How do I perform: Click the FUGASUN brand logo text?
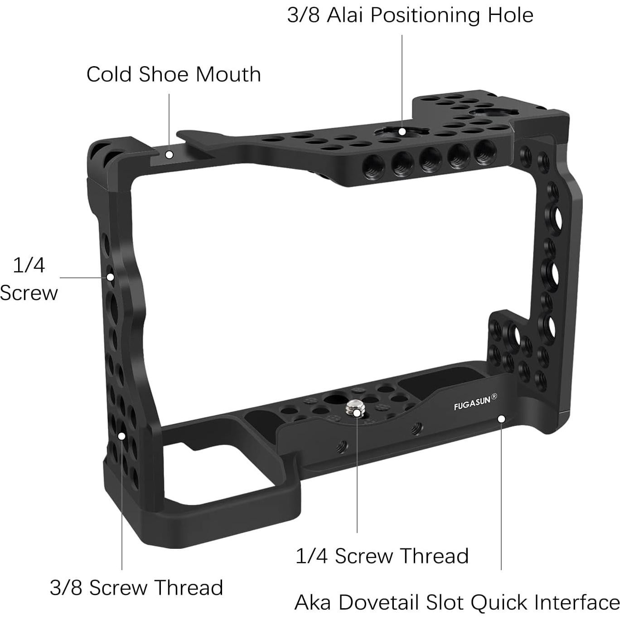click(x=472, y=403)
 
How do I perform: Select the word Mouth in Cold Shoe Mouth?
click(x=228, y=74)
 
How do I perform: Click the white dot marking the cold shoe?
click(x=169, y=155)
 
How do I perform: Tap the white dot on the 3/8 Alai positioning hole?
click(x=402, y=131)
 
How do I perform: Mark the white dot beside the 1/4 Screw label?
click(x=110, y=277)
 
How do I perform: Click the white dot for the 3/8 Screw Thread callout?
click(x=121, y=436)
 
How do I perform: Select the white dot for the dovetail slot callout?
click(x=501, y=419)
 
